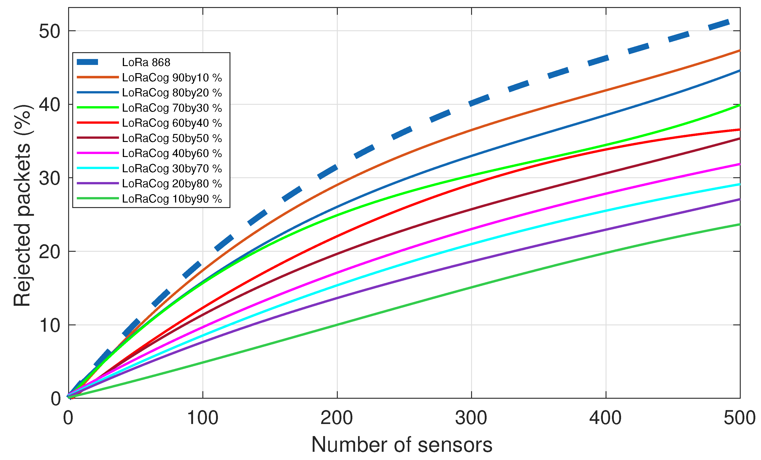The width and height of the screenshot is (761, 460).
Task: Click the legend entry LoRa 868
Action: pos(146,62)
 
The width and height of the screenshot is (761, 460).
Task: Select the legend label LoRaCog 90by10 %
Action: pos(172,77)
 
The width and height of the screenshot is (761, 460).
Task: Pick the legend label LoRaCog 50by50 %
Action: pos(172,138)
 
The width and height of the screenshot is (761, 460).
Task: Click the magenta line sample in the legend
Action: pos(98,153)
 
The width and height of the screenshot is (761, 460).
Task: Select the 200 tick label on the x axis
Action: pos(337,418)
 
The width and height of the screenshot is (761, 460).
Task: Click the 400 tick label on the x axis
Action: pos(605,418)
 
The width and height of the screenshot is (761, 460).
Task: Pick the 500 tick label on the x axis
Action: pos(739,418)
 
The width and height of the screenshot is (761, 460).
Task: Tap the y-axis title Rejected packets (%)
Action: pos(22,205)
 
